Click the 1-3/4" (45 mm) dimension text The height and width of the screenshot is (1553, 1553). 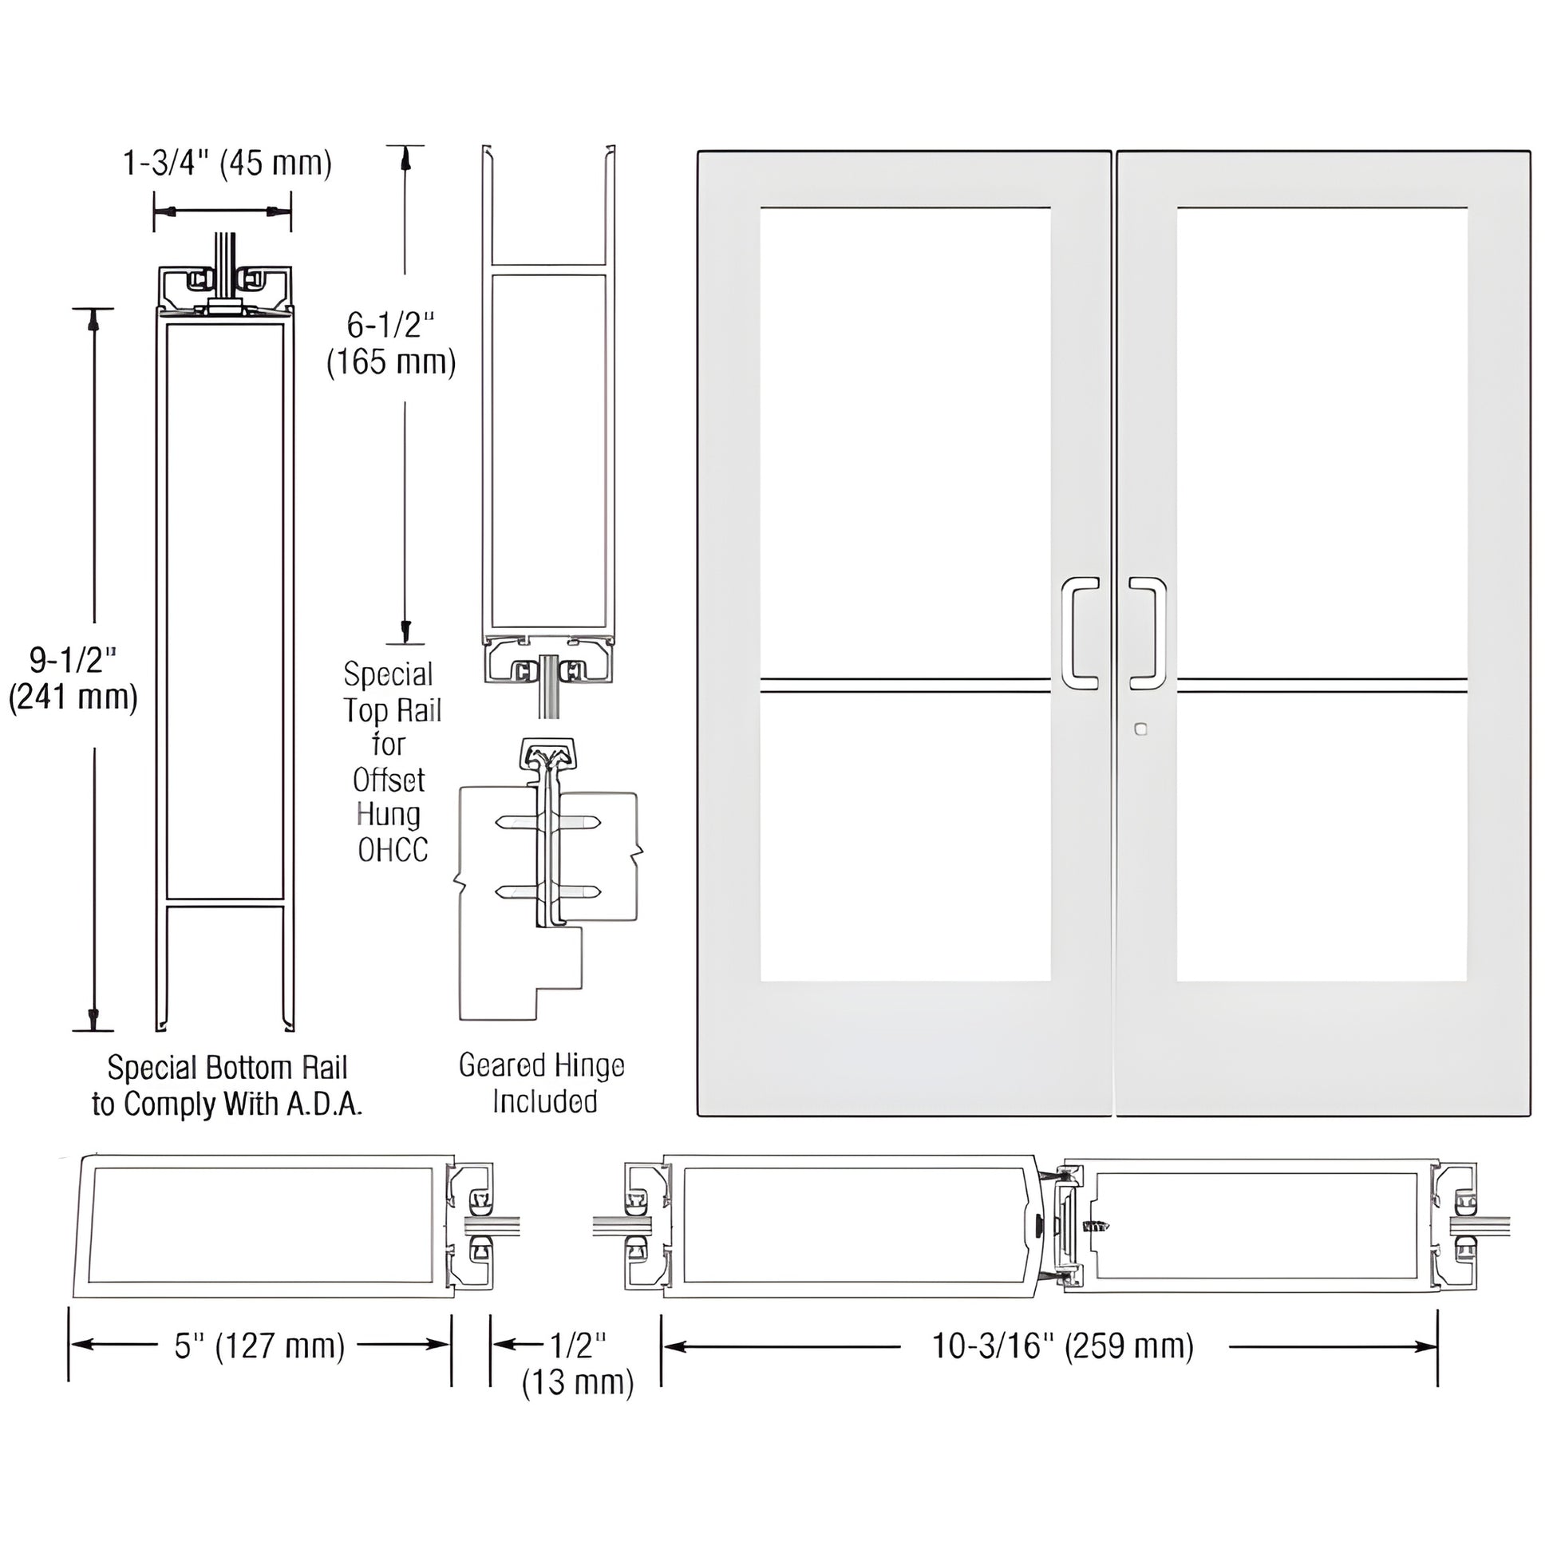227,163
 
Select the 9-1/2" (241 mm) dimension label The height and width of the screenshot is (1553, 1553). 73,678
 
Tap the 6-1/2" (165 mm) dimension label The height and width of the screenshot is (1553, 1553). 391,344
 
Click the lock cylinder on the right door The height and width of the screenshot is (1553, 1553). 1139,730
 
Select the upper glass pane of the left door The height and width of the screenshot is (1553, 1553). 905,442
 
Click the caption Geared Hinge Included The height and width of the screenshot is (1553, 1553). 543,1083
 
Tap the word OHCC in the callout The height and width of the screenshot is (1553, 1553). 393,850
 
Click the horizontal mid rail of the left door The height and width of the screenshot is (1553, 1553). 905,685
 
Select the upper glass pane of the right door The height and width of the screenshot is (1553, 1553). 1322,442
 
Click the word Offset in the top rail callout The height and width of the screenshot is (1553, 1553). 389,780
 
